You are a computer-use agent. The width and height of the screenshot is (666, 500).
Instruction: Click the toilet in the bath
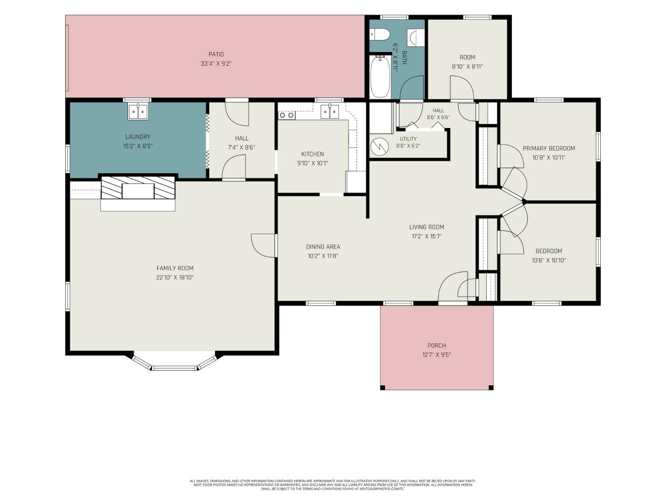click(379, 34)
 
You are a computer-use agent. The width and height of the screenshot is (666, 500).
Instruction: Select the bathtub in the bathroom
click(380, 76)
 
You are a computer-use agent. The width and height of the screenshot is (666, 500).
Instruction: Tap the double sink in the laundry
click(138, 112)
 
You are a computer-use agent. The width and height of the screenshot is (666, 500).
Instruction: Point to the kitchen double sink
click(329, 112)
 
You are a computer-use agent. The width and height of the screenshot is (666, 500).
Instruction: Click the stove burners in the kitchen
click(287, 116)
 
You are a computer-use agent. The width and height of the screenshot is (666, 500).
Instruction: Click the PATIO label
click(216, 54)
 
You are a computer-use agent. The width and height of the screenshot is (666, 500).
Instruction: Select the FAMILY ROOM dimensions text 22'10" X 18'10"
click(175, 277)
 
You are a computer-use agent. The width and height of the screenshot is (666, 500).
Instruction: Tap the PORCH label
click(436, 345)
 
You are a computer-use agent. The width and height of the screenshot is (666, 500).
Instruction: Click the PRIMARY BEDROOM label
click(549, 148)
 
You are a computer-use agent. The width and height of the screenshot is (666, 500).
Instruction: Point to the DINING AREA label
click(323, 247)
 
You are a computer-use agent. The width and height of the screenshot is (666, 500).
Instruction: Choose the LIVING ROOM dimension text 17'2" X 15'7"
click(426, 236)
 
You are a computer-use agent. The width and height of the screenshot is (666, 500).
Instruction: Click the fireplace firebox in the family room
click(138, 191)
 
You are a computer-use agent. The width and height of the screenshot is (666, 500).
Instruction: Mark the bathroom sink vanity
click(415, 38)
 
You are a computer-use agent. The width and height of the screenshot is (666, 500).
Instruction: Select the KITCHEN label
click(312, 154)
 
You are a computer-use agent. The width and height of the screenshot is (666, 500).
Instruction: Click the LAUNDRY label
click(138, 136)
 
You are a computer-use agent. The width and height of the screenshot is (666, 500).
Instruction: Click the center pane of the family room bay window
click(174, 368)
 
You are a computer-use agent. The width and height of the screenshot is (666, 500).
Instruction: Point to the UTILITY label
click(408, 139)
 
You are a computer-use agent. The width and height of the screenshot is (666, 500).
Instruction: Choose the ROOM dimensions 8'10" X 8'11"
click(467, 67)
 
